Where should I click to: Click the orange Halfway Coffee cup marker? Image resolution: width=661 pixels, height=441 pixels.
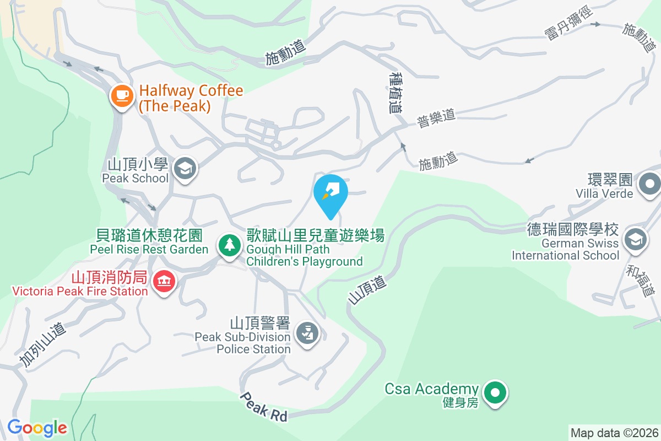coord(122,96)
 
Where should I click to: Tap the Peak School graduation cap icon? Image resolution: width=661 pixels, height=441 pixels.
coord(185,168)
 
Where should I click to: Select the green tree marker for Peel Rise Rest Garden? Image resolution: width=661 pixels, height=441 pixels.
coord(229,244)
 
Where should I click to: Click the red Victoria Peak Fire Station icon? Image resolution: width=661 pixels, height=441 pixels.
coord(164,282)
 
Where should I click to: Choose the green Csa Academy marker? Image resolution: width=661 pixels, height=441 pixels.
coord(495,393)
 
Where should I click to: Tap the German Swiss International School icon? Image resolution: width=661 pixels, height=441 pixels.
coord(636,240)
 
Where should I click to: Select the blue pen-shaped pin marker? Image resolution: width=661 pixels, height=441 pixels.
coord(330,193)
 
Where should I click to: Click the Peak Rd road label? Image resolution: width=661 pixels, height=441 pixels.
coord(264,407)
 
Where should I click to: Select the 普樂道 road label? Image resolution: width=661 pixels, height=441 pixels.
coord(436,118)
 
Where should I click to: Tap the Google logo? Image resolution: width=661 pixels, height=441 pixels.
coord(37,427)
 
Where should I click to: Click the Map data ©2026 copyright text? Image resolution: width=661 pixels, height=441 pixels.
coord(614,433)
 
